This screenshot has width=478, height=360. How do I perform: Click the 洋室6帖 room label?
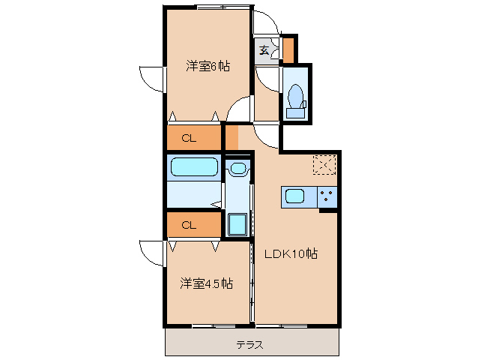(208, 66)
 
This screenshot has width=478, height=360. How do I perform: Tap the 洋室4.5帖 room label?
(206, 283)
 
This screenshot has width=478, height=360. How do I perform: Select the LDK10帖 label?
(291, 253)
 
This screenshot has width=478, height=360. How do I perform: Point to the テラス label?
(249, 345)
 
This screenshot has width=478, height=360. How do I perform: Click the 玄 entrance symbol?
(265, 50)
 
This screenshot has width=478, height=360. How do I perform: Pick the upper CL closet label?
(189, 137)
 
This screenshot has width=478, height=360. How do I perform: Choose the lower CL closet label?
(189, 224)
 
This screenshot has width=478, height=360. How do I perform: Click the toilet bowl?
(295, 96)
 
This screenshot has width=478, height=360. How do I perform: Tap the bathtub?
(194, 166)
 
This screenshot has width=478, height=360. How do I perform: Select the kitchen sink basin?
(294, 197)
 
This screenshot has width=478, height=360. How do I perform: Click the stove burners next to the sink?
(327, 197)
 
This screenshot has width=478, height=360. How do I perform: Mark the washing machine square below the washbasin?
(238, 223)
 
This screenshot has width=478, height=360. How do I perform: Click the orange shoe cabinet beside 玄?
(288, 49)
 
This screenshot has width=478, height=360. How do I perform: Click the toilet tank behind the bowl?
(296, 113)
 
